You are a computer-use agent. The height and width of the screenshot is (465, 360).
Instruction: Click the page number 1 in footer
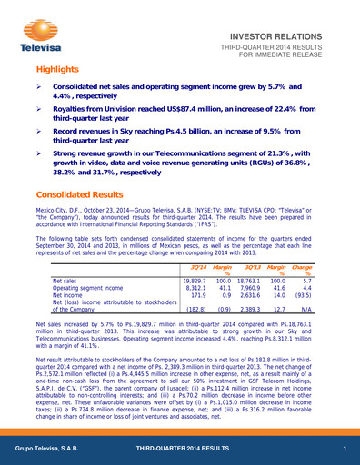[x=345, y=451]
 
